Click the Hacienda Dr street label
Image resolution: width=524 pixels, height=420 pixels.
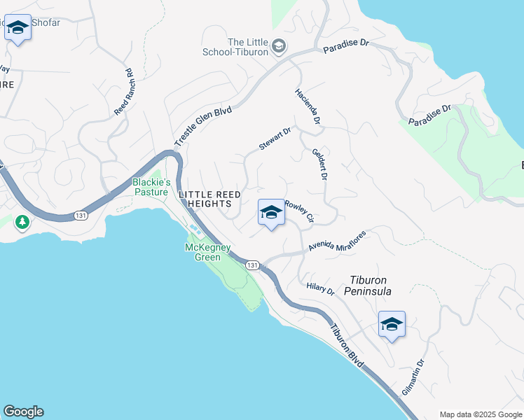308,107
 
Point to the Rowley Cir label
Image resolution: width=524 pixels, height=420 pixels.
299,212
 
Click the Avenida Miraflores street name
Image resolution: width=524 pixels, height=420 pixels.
336,242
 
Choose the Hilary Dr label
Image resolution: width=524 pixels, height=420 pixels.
321,289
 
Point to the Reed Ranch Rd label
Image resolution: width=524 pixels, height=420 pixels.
123,92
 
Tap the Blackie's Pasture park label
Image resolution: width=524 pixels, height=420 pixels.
151,187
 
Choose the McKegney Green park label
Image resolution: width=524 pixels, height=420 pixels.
203,252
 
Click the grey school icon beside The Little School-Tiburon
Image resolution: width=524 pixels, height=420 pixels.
278,45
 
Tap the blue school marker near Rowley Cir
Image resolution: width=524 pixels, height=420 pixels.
271,213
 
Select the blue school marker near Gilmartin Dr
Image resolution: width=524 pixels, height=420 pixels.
392,324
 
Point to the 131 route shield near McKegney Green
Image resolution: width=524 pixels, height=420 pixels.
252,265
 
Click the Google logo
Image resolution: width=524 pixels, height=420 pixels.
23,412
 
